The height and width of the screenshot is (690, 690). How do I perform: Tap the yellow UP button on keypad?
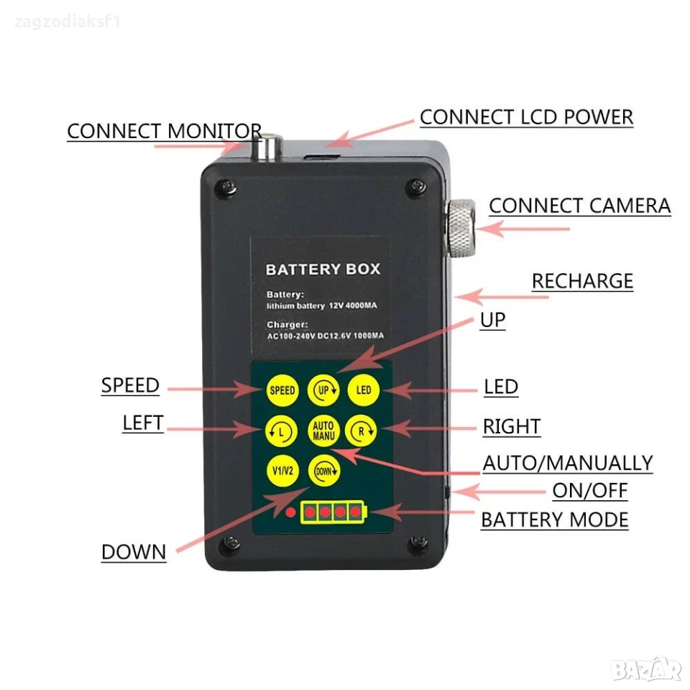point(323,390)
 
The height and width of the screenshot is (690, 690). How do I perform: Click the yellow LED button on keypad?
point(364,390)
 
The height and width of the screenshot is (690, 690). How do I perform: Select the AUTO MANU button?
point(323,431)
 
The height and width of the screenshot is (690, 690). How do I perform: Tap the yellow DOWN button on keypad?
point(324,471)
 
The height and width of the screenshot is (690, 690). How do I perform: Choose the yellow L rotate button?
point(282,431)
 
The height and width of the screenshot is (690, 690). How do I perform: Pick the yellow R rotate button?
point(362,431)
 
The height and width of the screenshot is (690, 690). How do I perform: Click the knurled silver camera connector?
point(461,228)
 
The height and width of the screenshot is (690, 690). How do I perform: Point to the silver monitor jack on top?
point(267,147)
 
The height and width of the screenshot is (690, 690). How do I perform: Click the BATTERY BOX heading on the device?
point(323,270)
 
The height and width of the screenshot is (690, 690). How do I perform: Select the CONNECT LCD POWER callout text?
point(526,117)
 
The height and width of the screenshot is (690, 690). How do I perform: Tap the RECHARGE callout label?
point(582,281)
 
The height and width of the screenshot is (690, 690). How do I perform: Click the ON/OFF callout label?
point(590,491)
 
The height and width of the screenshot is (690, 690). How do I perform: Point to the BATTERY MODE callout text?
point(554,520)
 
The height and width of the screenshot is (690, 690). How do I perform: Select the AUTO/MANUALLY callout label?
point(568,464)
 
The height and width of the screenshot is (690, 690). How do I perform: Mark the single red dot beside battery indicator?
point(290,512)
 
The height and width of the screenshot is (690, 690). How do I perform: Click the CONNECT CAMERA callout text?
point(579,206)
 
